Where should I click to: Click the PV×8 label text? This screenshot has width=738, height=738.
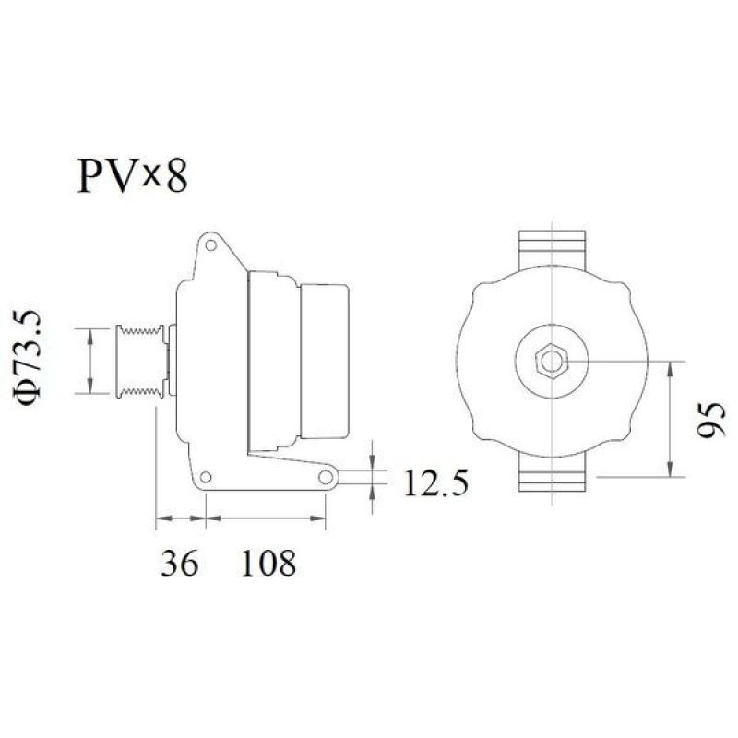coord(132,175)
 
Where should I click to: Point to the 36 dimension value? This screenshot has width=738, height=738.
coord(180,562)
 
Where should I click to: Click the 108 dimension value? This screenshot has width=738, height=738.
coord(268,562)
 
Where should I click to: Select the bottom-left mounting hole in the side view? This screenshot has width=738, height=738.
coord(208,477)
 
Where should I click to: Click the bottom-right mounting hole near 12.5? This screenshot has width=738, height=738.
coord(326,477)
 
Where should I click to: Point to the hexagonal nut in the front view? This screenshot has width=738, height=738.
coord(551,361)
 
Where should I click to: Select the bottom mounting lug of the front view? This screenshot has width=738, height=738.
coord(551,477)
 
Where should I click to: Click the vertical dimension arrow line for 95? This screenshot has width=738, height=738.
coord(670,420)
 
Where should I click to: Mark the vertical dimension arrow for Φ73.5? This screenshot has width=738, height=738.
coord(89,361)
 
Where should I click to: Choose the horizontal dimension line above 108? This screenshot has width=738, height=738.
coord(267,521)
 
